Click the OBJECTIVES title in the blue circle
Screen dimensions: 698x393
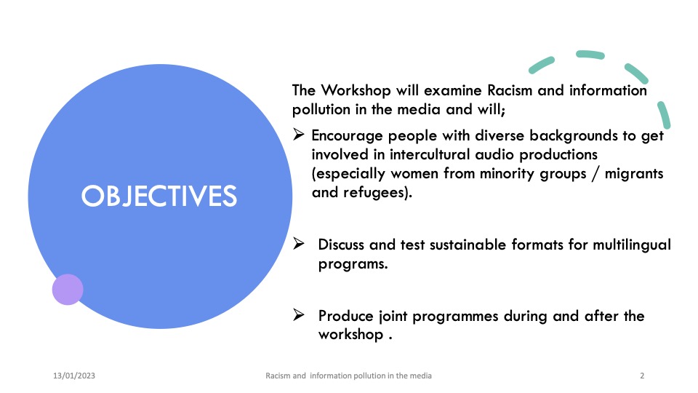[159, 196]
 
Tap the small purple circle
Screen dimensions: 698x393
[68, 290]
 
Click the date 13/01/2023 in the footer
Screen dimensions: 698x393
[74, 376]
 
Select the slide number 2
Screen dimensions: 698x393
[642, 376]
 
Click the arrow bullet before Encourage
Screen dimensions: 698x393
[299, 134]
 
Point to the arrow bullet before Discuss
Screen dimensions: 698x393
[299, 243]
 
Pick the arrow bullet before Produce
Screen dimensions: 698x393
[299, 314]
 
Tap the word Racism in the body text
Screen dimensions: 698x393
[510, 90]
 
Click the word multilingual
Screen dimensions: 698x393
[632, 245]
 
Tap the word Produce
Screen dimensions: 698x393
[346, 316]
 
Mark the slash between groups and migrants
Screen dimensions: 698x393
[595, 174]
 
